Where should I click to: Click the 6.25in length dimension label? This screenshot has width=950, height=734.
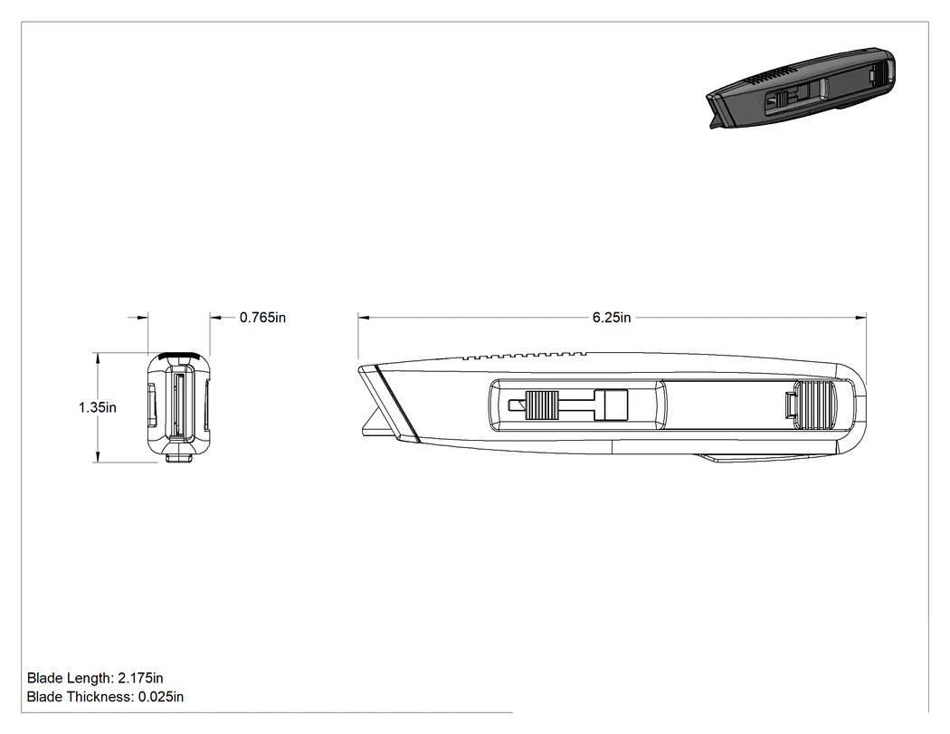pyautogui.click(x=612, y=318)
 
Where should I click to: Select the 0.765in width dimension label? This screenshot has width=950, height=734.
pyautogui.click(x=263, y=318)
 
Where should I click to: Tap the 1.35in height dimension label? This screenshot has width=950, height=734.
pyautogui.click(x=97, y=407)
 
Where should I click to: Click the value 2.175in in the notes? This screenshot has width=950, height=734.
pyautogui.click(x=140, y=678)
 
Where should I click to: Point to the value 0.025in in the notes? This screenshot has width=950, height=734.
pyautogui.click(x=160, y=697)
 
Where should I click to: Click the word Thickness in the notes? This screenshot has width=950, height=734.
pyautogui.click(x=100, y=697)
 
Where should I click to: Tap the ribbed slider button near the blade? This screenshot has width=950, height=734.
pyautogui.click(x=542, y=405)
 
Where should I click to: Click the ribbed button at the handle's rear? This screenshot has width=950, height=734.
pyautogui.click(x=815, y=405)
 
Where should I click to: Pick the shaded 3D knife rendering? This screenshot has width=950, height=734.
pyautogui.click(x=801, y=87)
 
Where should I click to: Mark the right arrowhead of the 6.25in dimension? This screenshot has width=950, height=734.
pyautogui.click(x=861, y=317)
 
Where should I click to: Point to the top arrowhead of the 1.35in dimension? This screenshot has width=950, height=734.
pyautogui.click(x=98, y=358)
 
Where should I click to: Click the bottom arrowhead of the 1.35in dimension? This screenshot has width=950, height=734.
pyautogui.click(x=98, y=457)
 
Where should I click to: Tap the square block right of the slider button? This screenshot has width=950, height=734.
pyautogui.click(x=612, y=405)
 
